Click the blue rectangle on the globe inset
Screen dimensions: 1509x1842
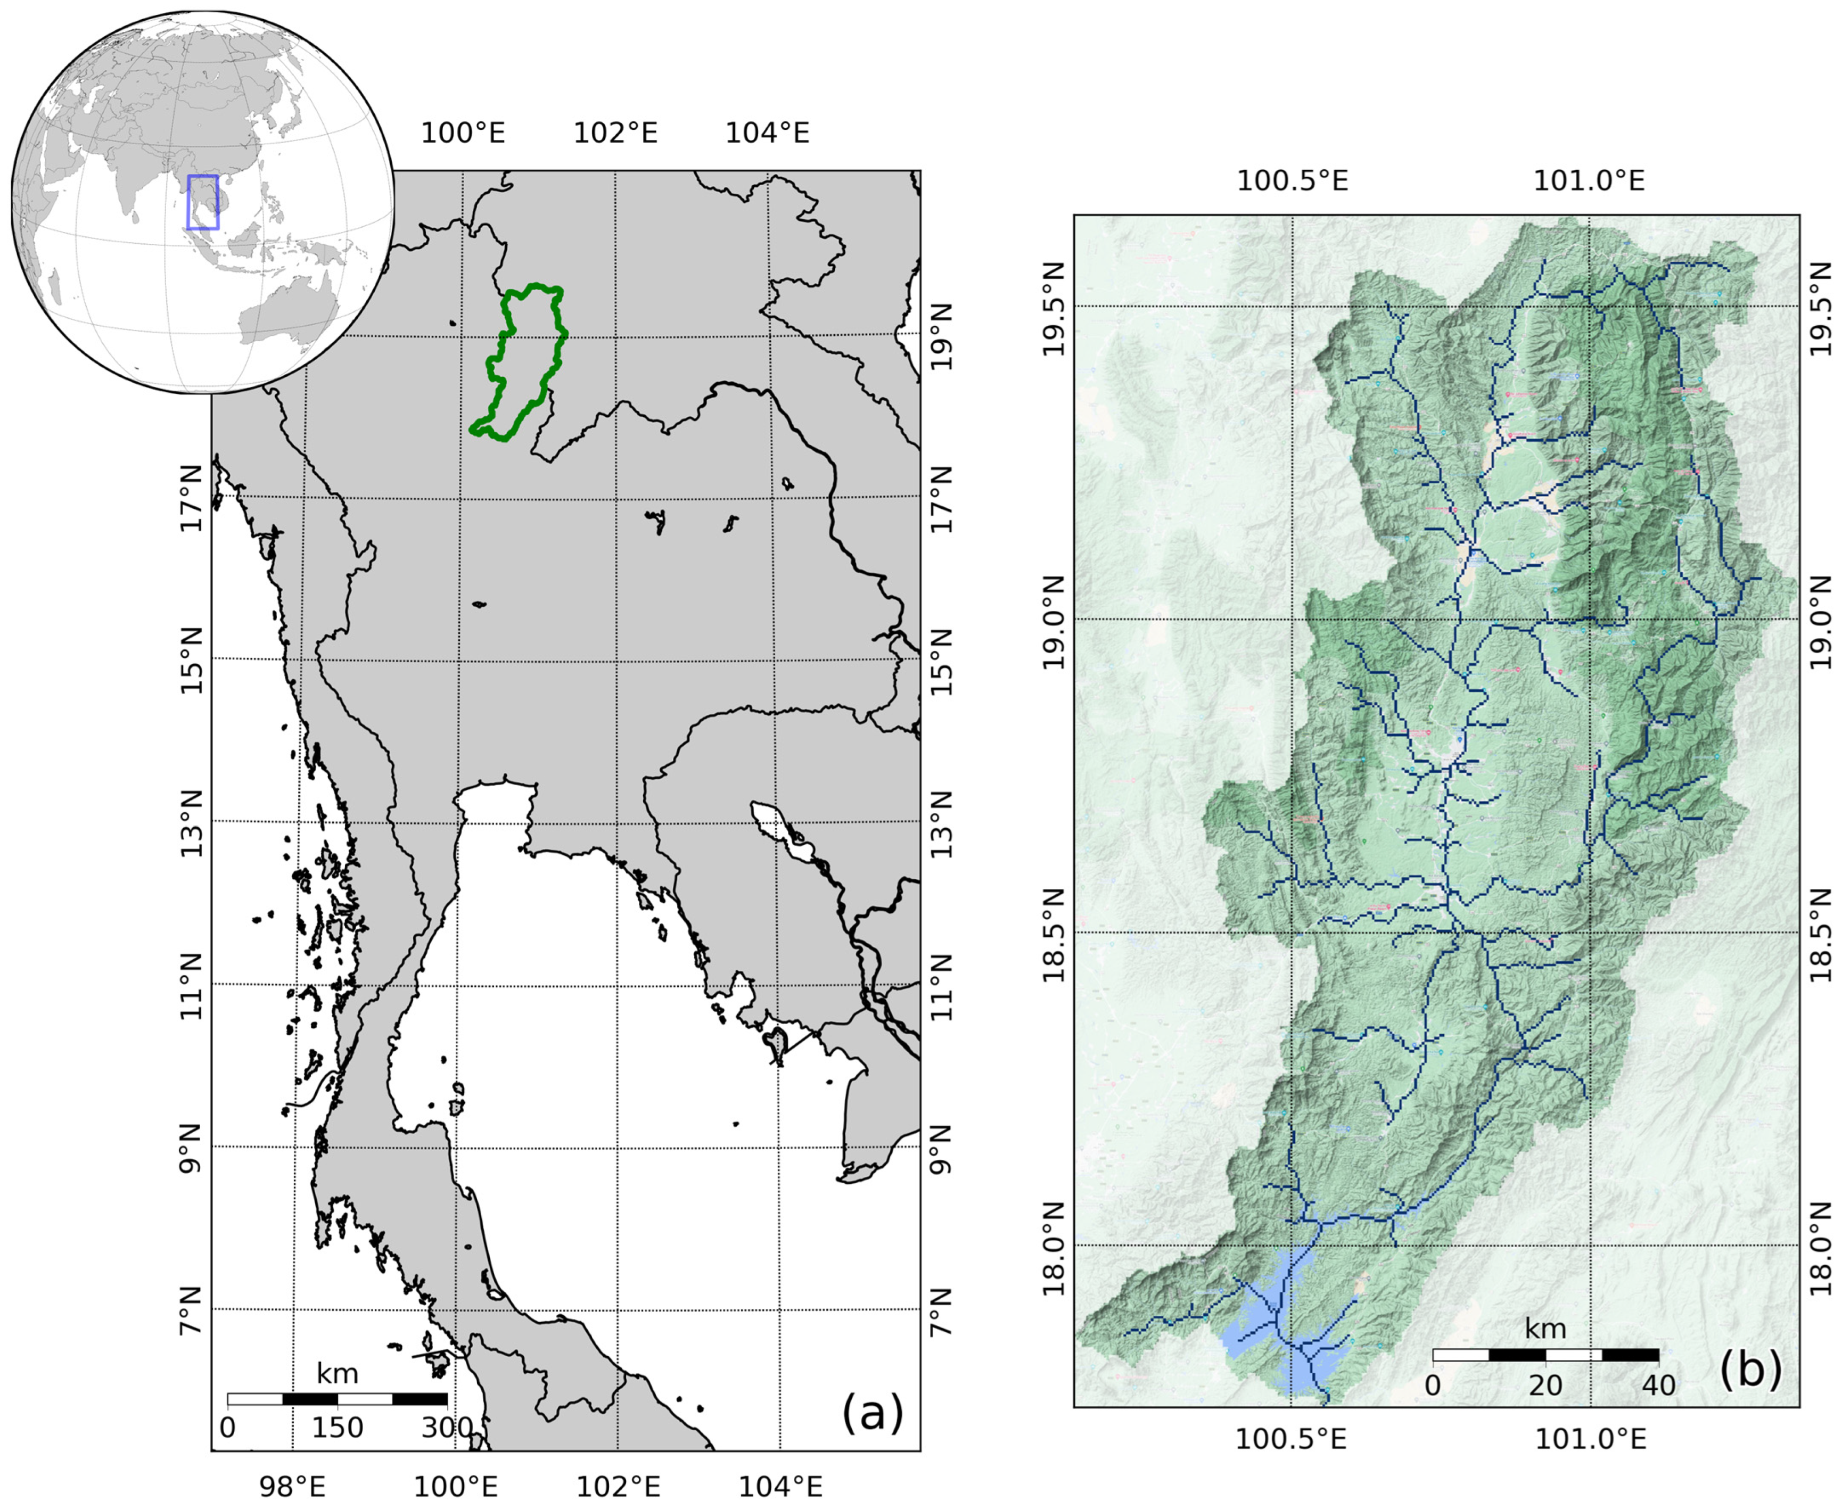(x=202, y=202)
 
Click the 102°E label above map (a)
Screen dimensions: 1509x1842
(x=615, y=134)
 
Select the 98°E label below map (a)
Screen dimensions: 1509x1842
(x=292, y=1487)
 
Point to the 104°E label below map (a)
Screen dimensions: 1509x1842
(x=780, y=1487)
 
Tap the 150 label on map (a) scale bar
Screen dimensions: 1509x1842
(x=338, y=1428)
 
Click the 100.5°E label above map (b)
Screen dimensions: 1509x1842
(x=1292, y=181)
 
